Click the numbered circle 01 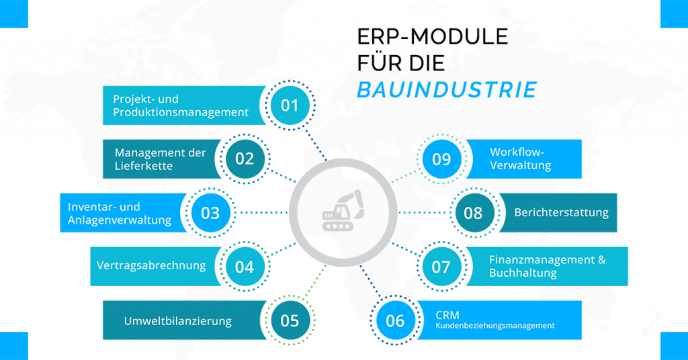[290, 105]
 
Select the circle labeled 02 [245, 159]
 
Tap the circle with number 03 [210, 213]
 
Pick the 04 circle [245, 267]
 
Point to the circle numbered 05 [290, 320]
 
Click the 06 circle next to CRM [395, 320]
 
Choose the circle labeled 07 [441, 267]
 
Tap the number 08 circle [474, 213]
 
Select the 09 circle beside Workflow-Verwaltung [441, 159]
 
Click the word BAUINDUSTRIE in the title [447, 89]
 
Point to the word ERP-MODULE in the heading [433, 37]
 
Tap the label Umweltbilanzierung [177, 321]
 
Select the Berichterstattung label [561, 213]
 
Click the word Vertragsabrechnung [151, 266]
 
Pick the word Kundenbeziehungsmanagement [495, 326]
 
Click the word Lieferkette [144, 166]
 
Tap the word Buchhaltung [523, 273]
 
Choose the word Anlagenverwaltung [120, 220]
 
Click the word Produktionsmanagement [181, 112]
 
